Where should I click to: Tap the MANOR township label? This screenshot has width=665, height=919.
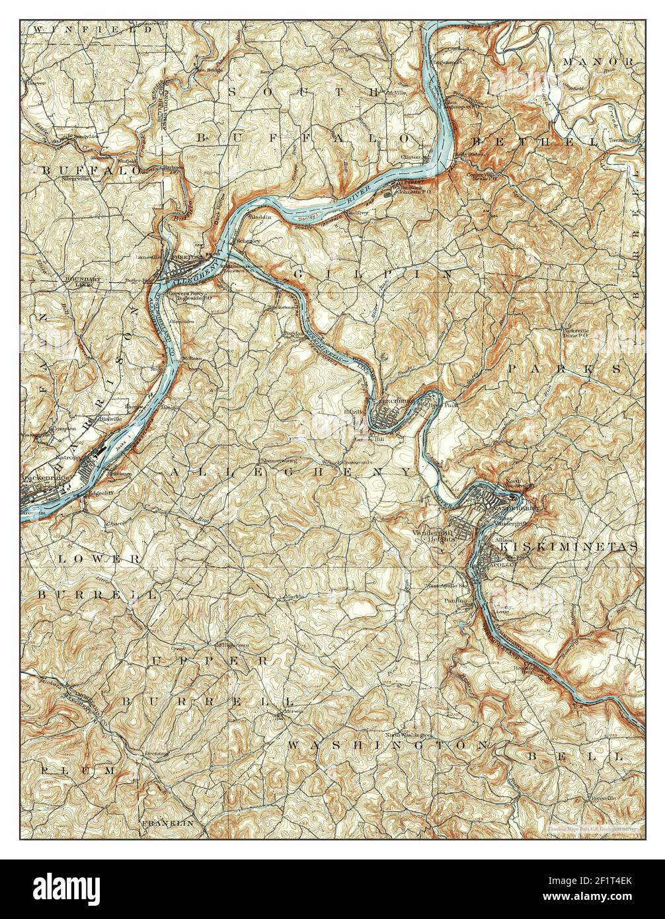598,61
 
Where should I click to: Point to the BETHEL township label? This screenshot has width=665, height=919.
534,142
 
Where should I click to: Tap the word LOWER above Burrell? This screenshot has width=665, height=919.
99,559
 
